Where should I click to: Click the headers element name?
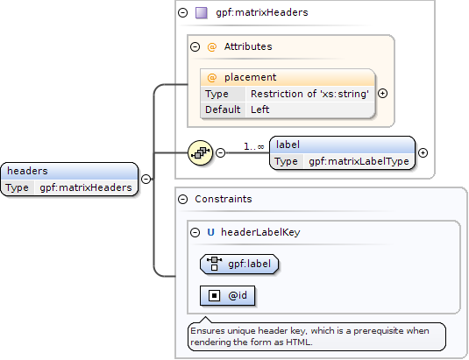27,171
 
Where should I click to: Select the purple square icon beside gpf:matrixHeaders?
202,13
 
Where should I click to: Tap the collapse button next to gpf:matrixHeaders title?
182,12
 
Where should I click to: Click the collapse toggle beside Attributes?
195,46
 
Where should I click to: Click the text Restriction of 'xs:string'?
309,94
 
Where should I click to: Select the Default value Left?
260,109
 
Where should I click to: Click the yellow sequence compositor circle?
201,152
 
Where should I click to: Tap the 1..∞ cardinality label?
254,146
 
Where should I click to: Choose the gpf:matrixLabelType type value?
359,161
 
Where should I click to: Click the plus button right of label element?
423,153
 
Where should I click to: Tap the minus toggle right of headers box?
146,179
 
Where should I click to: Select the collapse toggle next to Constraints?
182,199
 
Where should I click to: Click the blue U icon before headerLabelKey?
211,232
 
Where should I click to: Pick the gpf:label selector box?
239,265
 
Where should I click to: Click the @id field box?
227,296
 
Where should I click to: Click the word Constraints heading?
224,199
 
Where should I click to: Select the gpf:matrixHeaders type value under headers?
86,187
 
